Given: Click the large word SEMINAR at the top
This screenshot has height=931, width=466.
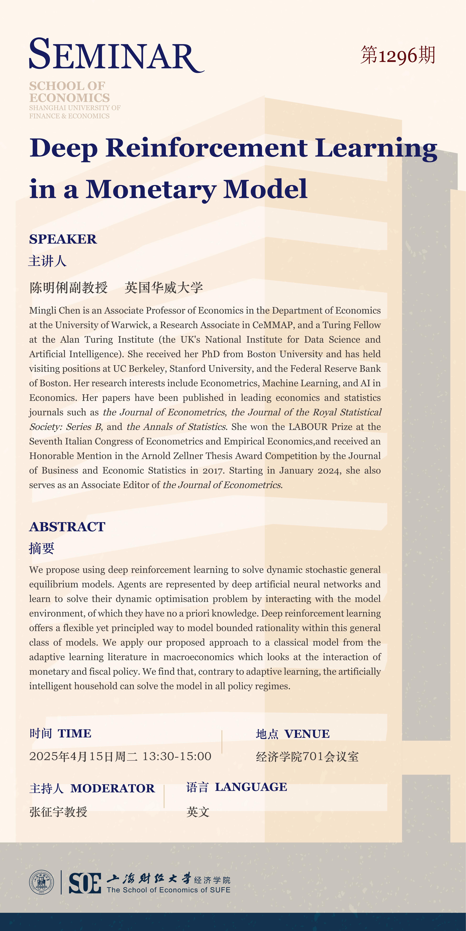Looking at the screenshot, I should [116, 55].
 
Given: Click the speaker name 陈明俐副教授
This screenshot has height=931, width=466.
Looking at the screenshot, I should [69, 288].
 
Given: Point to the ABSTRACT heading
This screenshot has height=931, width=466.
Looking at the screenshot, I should [67, 527].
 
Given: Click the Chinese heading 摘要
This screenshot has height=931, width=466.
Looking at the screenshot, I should [42, 548].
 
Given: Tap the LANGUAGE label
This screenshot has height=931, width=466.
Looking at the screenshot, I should [251, 787].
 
